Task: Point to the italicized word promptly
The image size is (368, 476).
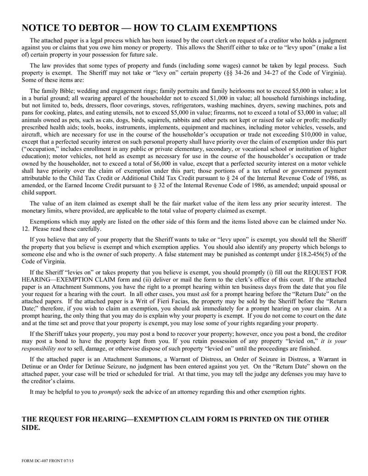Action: click(x=110, y=392)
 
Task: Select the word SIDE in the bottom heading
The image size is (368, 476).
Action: click(x=31, y=427)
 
